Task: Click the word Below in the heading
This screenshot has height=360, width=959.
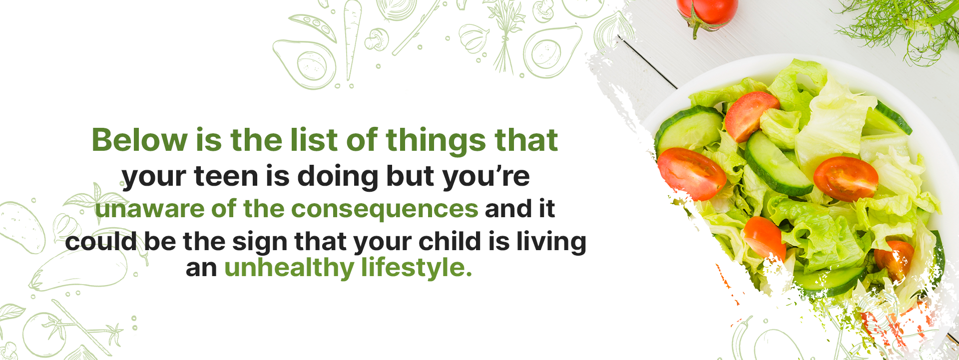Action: click(140, 140)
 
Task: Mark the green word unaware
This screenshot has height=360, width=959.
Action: click(150, 209)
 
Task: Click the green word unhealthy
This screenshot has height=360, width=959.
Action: click(289, 268)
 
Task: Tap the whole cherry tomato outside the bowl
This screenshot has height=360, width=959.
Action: click(707, 14)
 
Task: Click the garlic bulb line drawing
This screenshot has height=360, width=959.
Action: click(474, 37)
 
